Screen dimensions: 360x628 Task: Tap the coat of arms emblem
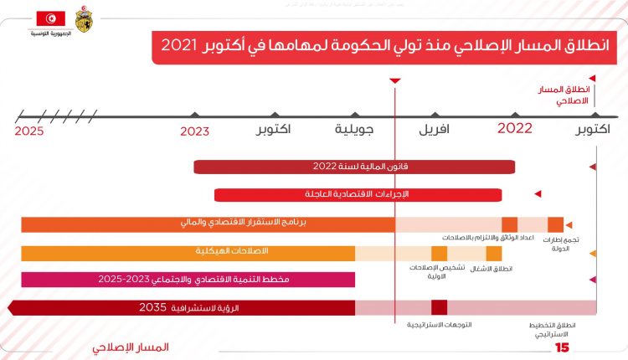pos(85,18)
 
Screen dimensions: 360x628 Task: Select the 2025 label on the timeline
pos(28,131)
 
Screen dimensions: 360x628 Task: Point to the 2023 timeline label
pos(194,131)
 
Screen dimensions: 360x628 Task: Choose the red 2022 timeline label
pos(515,128)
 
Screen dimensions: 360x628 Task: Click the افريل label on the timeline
pos(434,130)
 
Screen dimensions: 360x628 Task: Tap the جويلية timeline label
pos(354,130)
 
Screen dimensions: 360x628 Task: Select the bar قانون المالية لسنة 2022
pos(353,167)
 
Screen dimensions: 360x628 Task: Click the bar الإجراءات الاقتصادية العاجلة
pos(358,194)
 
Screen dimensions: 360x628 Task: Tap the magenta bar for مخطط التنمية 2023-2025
pos(188,279)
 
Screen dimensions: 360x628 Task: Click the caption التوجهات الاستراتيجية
pos(440,324)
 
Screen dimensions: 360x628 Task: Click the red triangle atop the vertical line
pos(395,80)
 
